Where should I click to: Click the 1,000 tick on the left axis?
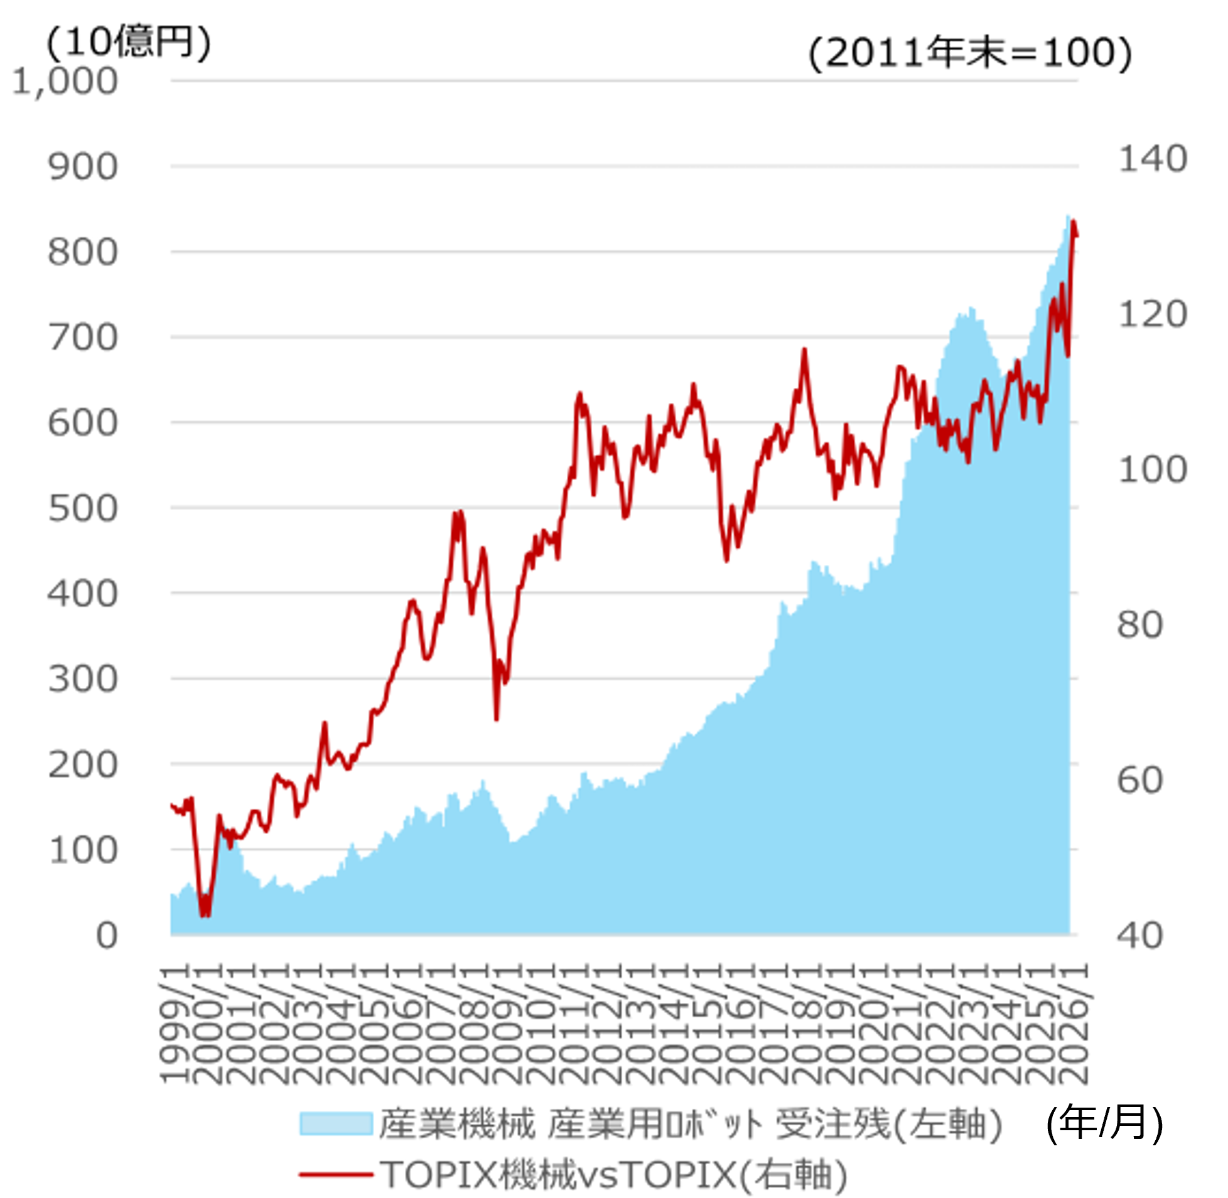coord(65,82)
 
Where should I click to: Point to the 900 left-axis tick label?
coord(82,168)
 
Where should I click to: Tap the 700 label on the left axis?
coord(82,338)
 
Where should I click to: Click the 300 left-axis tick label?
coord(82,680)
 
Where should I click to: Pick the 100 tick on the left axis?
coord(82,850)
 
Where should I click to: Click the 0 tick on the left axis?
coord(106,936)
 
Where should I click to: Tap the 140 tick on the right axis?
coord(1152,159)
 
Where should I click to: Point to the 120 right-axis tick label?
coord(1152,314)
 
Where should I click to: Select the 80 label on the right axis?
coord(1140,625)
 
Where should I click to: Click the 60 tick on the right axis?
coord(1140,780)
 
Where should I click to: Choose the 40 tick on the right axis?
coord(1140,936)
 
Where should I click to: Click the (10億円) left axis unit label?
coord(129,43)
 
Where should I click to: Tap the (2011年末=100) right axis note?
coord(970,53)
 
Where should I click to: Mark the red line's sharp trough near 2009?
coord(497,719)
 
